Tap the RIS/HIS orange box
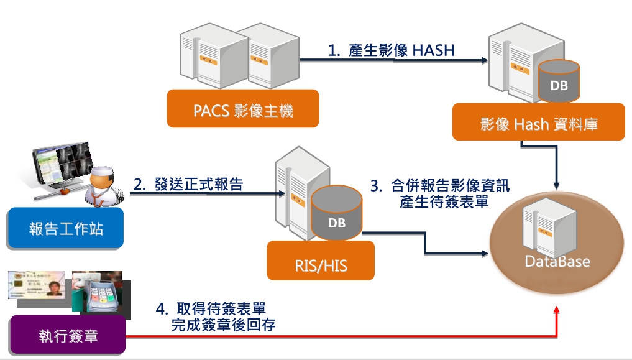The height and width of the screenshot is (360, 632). click(x=321, y=265)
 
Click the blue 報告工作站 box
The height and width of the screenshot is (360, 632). click(x=66, y=228)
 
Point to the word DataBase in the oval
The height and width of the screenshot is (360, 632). click(x=557, y=262)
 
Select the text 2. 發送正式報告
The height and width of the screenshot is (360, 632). click(x=188, y=184)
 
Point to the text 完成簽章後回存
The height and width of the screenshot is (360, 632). click(x=224, y=324)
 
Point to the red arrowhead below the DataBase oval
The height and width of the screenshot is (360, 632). click(x=557, y=311)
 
